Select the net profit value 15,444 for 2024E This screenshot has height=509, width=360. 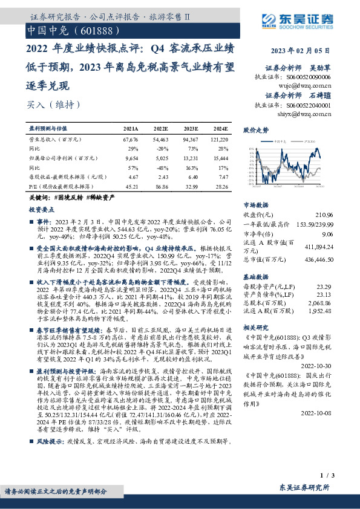pyautogui.click(x=220, y=157)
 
